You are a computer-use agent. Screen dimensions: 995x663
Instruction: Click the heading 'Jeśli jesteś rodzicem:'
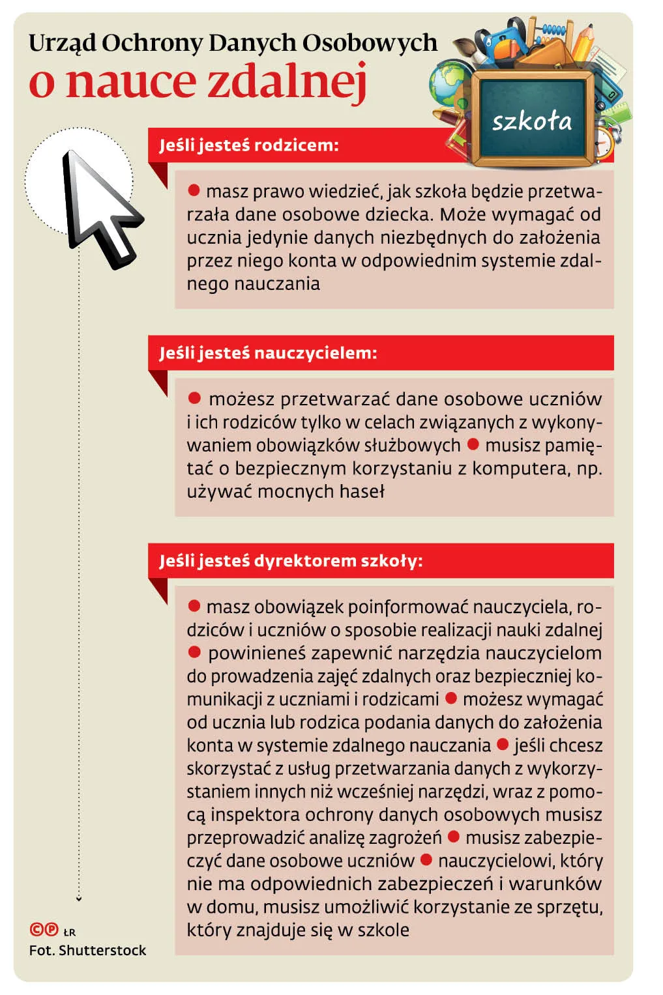point(249,145)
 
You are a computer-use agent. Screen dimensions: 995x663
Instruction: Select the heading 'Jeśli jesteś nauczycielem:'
point(268,353)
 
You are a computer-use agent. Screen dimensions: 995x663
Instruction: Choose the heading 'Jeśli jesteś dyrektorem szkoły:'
point(291,561)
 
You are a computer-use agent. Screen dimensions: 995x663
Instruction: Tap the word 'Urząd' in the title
point(62,44)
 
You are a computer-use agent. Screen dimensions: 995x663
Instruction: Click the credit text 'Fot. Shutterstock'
point(87,950)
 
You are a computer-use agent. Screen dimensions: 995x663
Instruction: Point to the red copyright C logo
point(37,930)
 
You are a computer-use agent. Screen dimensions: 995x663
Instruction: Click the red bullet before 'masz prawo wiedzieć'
point(194,190)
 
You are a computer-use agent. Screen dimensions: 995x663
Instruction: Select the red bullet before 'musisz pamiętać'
point(473,444)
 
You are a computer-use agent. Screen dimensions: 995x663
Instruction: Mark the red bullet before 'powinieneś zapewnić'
point(194,652)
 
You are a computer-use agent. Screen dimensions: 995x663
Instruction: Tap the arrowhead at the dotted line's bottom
point(79,899)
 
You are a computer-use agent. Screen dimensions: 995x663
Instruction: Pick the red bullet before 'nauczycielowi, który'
point(426,859)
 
